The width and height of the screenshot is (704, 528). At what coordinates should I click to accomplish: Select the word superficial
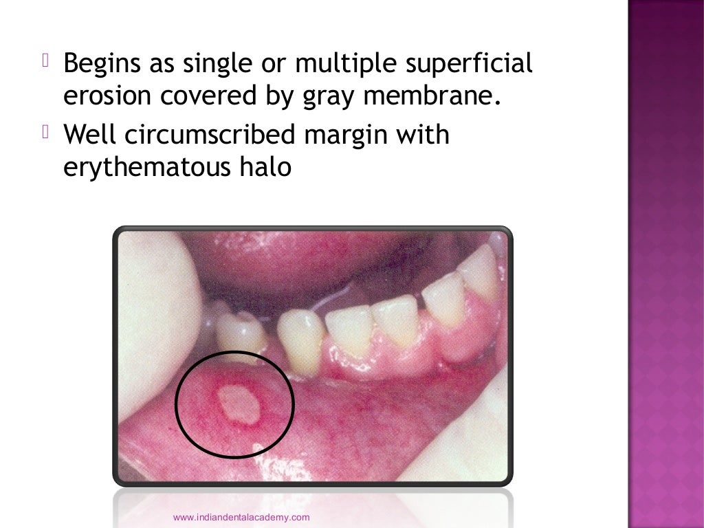point(472,65)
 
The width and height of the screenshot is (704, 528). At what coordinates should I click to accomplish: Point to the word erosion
point(107,97)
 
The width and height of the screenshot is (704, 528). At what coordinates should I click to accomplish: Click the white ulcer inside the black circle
point(238,404)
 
